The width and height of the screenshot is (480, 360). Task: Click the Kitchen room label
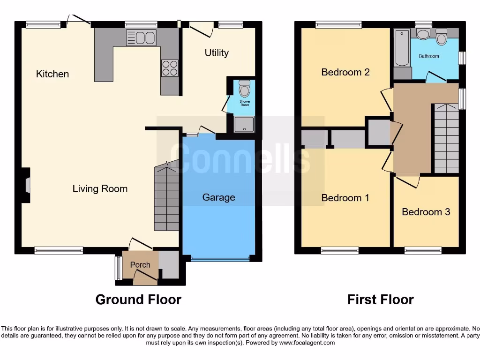click(x=52, y=74)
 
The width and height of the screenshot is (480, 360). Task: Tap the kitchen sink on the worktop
click(x=141, y=38)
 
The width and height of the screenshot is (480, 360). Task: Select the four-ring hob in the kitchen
click(x=170, y=68)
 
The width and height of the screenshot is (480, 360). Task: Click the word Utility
click(x=217, y=52)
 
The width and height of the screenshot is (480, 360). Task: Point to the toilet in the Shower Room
click(x=244, y=88)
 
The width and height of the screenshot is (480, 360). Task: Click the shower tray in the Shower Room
click(x=244, y=125)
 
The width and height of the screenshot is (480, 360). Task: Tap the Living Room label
click(x=100, y=189)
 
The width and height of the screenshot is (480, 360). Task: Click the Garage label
click(x=218, y=197)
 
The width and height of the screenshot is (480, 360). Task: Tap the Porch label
click(x=140, y=265)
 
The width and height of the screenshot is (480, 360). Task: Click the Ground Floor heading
click(x=138, y=300)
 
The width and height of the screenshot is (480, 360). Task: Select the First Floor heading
click(x=381, y=300)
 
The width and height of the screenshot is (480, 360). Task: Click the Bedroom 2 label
click(x=345, y=72)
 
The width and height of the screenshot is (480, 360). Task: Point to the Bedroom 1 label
click(x=345, y=198)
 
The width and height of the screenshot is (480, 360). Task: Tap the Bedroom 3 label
click(x=426, y=212)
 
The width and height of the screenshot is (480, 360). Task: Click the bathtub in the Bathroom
click(x=402, y=48)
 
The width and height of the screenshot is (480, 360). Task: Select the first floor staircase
click(x=446, y=139)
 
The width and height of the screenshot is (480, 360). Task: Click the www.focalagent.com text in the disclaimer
click(x=307, y=343)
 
